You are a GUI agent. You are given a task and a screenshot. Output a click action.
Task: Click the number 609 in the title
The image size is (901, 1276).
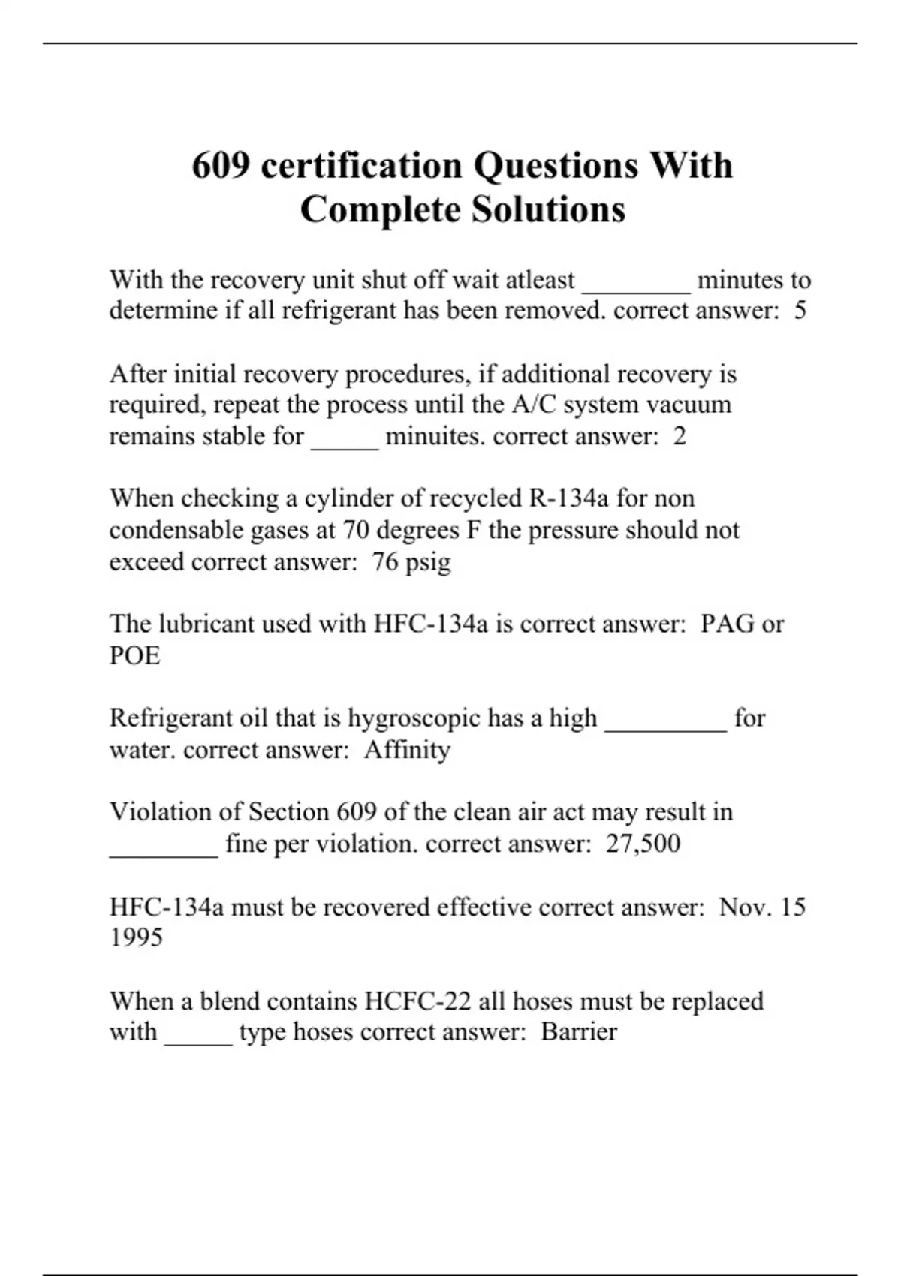click(x=221, y=166)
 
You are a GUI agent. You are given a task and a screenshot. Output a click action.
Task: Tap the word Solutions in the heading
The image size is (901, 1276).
click(x=548, y=209)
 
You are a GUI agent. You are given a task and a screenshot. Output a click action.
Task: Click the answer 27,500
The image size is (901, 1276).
click(x=643, y=843)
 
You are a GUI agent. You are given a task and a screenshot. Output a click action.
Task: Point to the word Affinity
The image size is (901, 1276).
click(x=407, y=749)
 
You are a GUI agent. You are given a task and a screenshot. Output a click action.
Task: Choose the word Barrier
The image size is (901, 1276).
click(x=578, y=1031)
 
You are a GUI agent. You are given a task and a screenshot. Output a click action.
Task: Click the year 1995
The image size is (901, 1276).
click(x=136, y=937)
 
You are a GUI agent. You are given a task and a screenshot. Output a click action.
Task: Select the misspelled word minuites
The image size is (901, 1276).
click(x=435, y=436)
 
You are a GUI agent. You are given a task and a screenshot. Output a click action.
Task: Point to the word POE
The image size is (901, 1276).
click(x=135, y=655)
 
